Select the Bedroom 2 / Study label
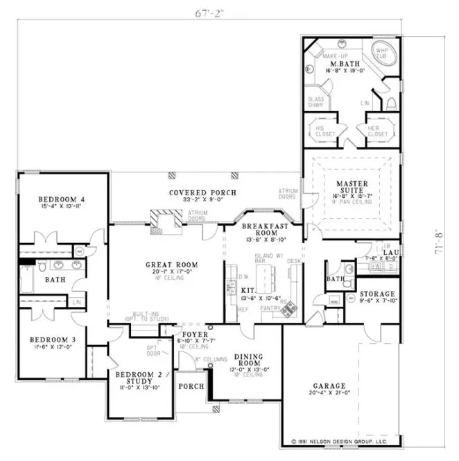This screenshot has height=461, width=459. tap(138, 378)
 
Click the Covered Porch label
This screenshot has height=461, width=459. tap(202, 192)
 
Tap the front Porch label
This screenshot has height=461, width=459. tap(191, 386)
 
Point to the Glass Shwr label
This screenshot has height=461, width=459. tap(316, 101)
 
